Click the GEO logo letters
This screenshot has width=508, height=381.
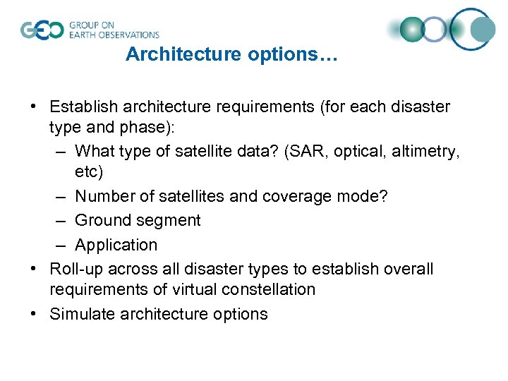(42, 30)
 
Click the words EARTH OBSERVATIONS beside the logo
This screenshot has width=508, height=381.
(114, 35)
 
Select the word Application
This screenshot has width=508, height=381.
(116, 246)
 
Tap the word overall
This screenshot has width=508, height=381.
(407, 270)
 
